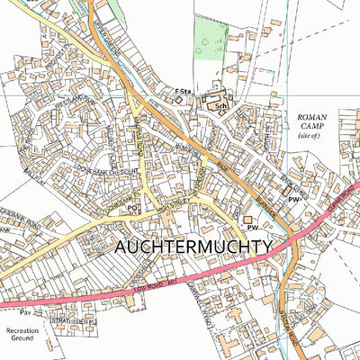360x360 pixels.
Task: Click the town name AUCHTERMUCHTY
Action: [x=193, y=246]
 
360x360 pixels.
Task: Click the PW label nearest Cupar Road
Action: [x=293, y=199]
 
